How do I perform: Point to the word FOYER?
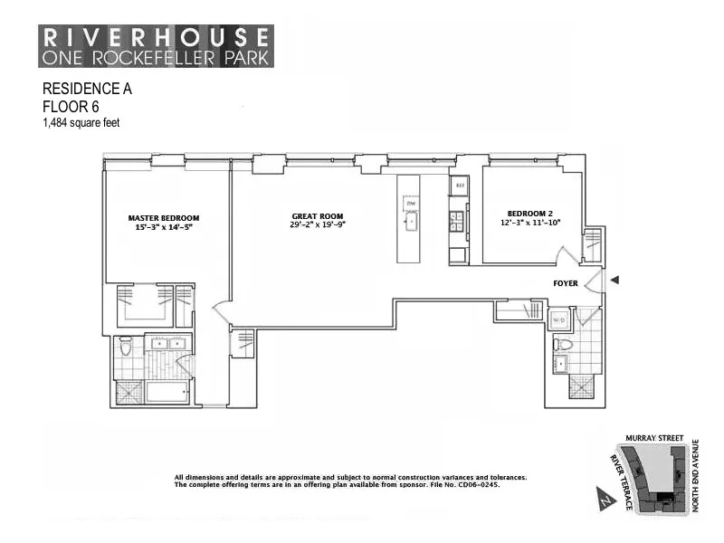point(567,283)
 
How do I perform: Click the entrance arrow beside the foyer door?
point(615,281)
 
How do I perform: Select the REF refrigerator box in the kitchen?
point(459,186)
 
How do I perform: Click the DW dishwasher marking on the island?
point(410,204)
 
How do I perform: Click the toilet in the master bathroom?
point(126,346)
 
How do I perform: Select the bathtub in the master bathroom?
point(167,393)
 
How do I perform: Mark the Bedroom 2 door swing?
point(566,252)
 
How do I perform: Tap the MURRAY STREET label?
point(652,437)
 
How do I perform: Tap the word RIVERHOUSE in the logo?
point(156,37)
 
